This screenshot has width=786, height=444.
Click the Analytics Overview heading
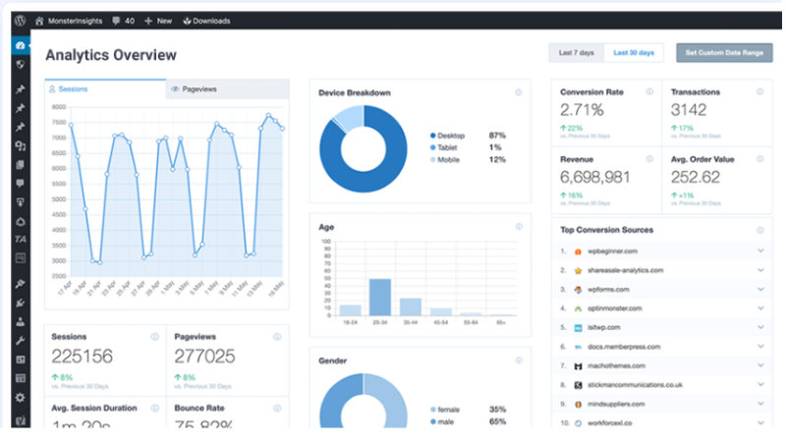pyautogui.click(x=111, y=55)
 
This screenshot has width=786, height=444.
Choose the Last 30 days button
pyautogui.click(x=635, y=52)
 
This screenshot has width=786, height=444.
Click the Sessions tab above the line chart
pyautogui.click(x=73, y=88)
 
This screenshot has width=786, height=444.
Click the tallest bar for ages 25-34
pyautogui.click(x=380, y=296)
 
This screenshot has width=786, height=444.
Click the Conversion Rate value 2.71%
pyautogui.click(x=582, y=109)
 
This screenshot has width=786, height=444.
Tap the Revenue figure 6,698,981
pyautogui.click(x=595, y=177)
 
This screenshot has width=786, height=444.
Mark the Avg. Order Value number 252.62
pyautogui.click(x=695, y=177)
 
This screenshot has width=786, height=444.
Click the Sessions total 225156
pyautogui.click(x=82, y=356)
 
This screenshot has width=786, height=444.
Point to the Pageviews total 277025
pyautogui.click(x=204, y=356)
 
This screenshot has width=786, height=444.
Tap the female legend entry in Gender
pyautogui.click(x=451, y=409)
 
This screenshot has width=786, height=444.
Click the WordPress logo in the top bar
pyautogui.click(x=20, y=20)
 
